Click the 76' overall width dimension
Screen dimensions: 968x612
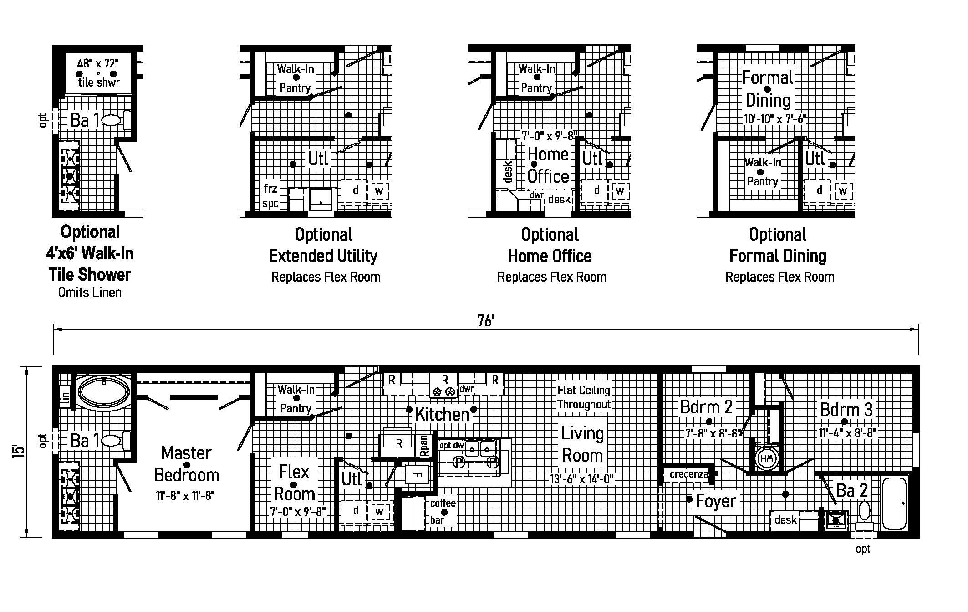click(x=485, y=321)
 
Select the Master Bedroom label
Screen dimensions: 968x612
click(x=187, y=464)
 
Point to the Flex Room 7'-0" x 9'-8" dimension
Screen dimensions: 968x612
click(x=298, y=512)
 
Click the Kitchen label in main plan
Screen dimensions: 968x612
click(x=442, y=414)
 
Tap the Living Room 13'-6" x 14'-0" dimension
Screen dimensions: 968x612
click(x=582, y=479)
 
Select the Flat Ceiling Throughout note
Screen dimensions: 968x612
click(x=584, y=397)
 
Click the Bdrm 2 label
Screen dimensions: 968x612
click(x=706, y=407)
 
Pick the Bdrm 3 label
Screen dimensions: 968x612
click(x=846, y=409)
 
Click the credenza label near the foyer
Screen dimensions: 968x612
click(x=689, y=474)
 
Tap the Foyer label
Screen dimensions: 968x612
click(x=716, y=501)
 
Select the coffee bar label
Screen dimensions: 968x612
click(x=443, y=511)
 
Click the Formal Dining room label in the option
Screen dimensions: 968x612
click(x=768, y=89)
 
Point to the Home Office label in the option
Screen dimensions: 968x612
click(x=548, y=165)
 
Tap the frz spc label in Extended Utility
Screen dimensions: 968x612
click(x=270, y=196)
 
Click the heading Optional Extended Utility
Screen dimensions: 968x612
click(x=323, y=245)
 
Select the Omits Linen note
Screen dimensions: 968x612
click(x=90, y=292)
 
